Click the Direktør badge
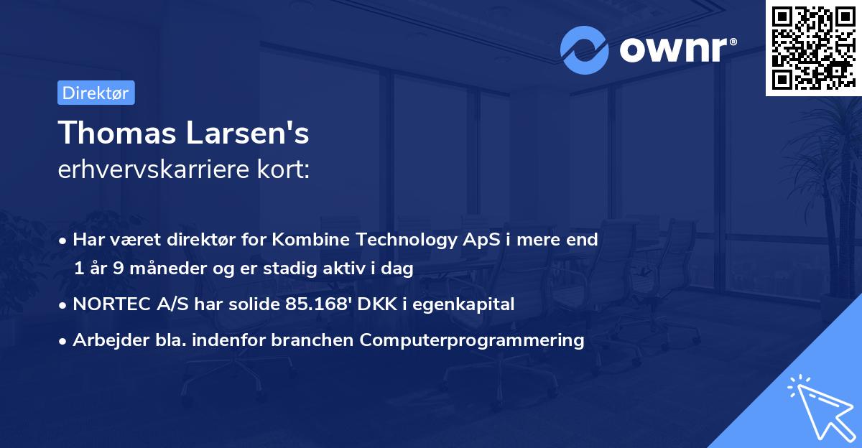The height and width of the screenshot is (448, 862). pos(96,93)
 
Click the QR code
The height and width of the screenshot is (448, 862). pos(813,47)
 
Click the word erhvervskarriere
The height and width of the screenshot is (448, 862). pos(162,170)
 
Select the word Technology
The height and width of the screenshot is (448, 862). pos(397,240)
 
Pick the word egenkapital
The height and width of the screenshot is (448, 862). pos(472,304)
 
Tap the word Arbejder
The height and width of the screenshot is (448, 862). pos(103,340)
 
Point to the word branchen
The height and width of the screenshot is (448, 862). pos(317,340)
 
